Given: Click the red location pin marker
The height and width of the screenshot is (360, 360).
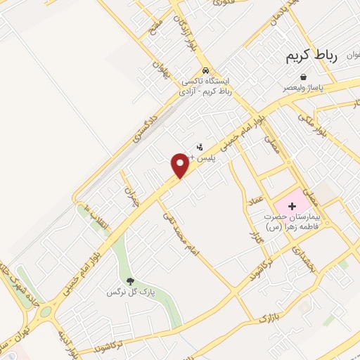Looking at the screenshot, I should click(180, 165).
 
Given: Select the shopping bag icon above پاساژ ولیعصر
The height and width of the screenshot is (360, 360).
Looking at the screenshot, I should click(303, 77).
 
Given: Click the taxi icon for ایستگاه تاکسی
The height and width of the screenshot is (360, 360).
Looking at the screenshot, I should click(205, 70).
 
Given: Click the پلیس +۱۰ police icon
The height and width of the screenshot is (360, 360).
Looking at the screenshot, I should click(200, 148).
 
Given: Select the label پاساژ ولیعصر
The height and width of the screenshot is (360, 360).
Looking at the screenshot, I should click(304, 89).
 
